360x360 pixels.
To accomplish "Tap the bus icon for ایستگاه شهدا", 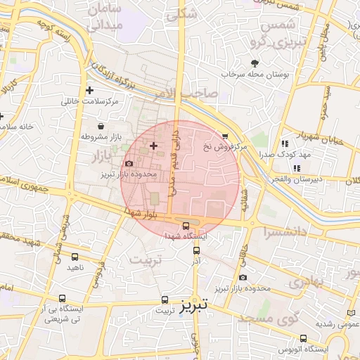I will point(186,226).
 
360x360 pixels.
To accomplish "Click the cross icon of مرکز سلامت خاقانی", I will point(89,90).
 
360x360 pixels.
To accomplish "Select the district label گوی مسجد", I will point(269,319).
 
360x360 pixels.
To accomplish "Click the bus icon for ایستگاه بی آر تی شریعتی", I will point(63,298).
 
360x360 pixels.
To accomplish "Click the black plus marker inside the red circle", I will point(154,145).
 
